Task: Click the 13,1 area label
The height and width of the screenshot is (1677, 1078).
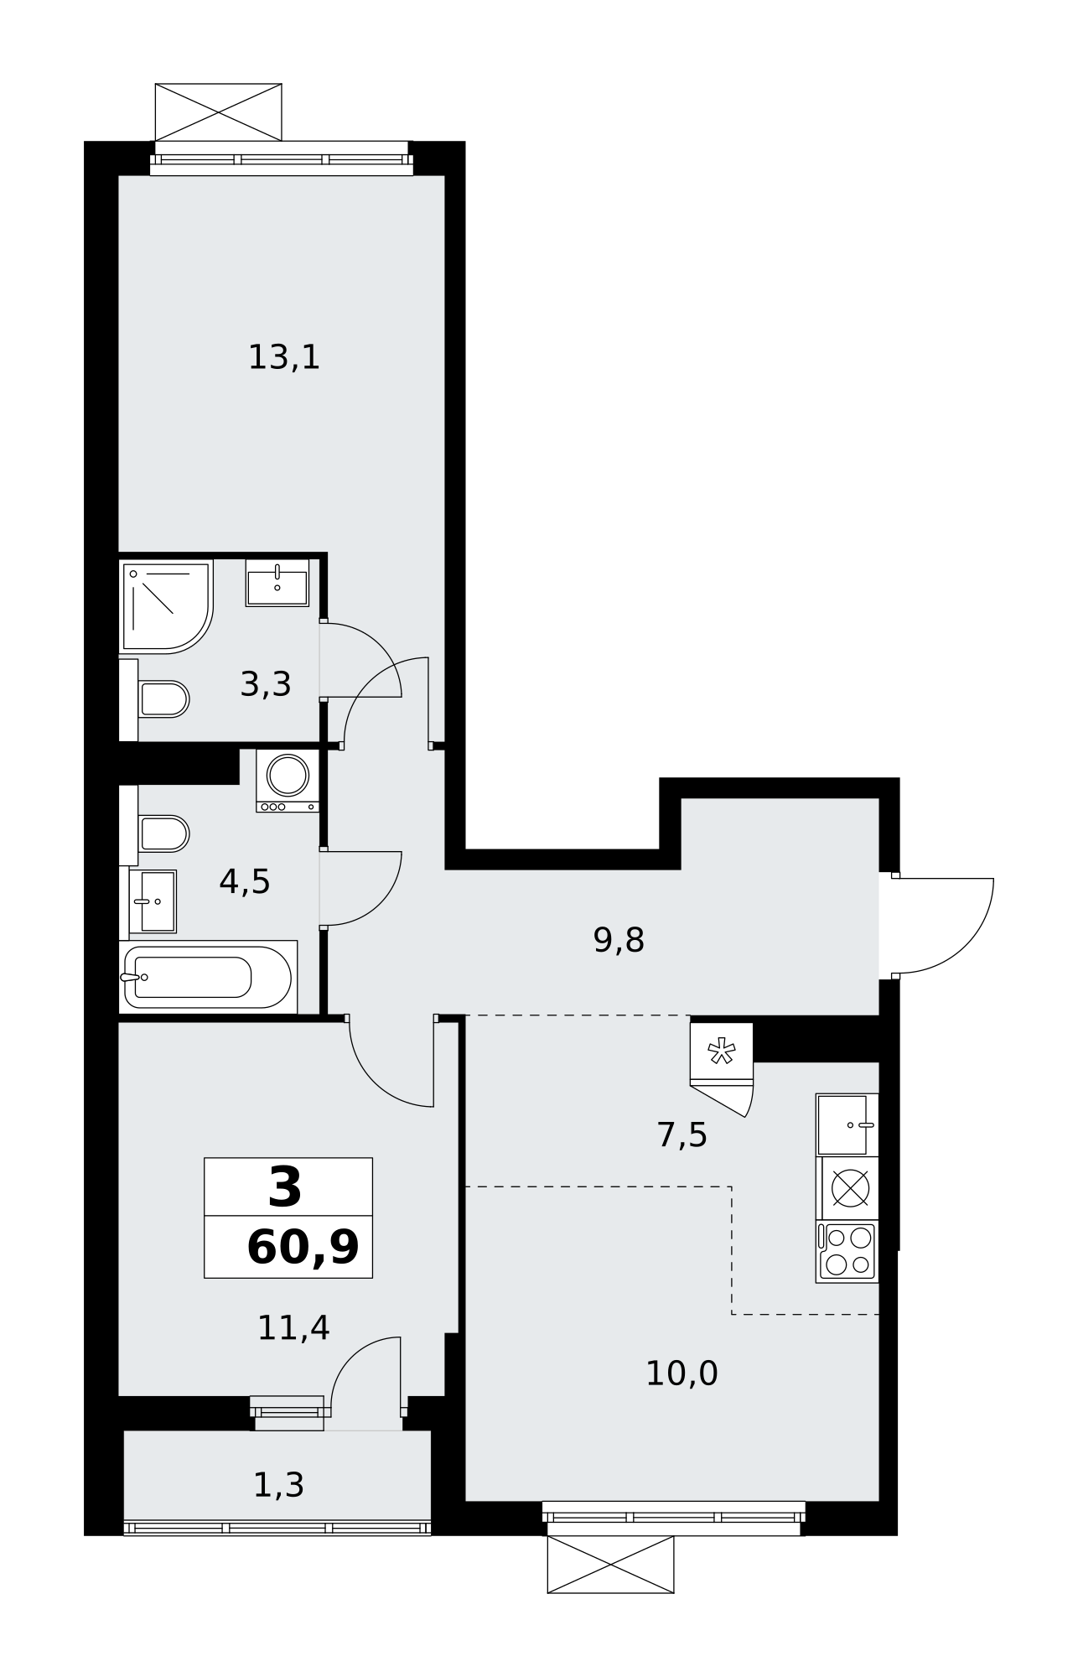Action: coord(284,358)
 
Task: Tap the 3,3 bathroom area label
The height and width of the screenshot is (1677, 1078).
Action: coord(266,684)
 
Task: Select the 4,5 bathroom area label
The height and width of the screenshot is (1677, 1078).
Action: coord(245,881)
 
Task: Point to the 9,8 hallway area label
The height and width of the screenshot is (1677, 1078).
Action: coord(619,940)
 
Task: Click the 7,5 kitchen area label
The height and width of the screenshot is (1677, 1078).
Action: coord(682,1135)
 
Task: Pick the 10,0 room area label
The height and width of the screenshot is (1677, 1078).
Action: coord(682,1373)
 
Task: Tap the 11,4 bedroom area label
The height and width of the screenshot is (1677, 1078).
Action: coord(293,1327)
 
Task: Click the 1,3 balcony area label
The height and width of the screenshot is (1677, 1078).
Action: coord(278,1485)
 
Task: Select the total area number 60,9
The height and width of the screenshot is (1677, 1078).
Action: coord(303,1248)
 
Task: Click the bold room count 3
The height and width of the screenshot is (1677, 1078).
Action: coord(285,1189)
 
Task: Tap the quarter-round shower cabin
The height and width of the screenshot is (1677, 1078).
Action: coord(167,606)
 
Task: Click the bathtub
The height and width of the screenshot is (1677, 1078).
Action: coord(209,977)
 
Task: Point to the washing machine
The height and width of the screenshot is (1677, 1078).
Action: coord(288,781)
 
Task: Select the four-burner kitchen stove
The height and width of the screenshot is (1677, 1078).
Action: coord(847,1251)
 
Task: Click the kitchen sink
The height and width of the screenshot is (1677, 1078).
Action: coord(847,1124)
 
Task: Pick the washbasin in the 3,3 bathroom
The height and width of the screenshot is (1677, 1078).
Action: coord(277,583)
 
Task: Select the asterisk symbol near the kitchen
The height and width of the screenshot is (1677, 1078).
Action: coord(722,1051)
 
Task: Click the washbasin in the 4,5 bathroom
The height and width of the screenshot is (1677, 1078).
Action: coord(153,901)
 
